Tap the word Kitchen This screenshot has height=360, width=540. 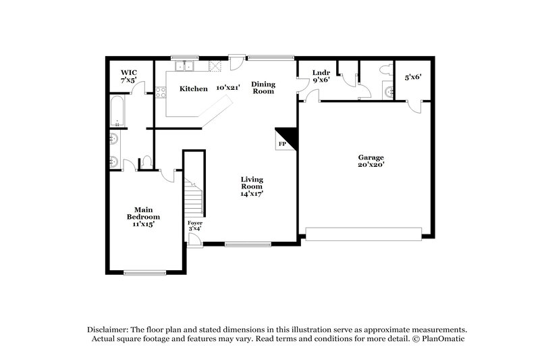[x=193, y=88]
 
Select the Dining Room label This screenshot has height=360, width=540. [x=263, y=88]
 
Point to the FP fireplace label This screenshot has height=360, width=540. [x=282, y=144]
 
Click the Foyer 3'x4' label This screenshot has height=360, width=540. [x=195, y=226]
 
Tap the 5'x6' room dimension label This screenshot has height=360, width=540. [x=412, y=77]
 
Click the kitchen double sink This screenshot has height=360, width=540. [x=184, y=66]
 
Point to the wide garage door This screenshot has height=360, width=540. [x=365, y=234]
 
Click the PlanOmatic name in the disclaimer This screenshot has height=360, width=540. [x=443, y=338]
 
